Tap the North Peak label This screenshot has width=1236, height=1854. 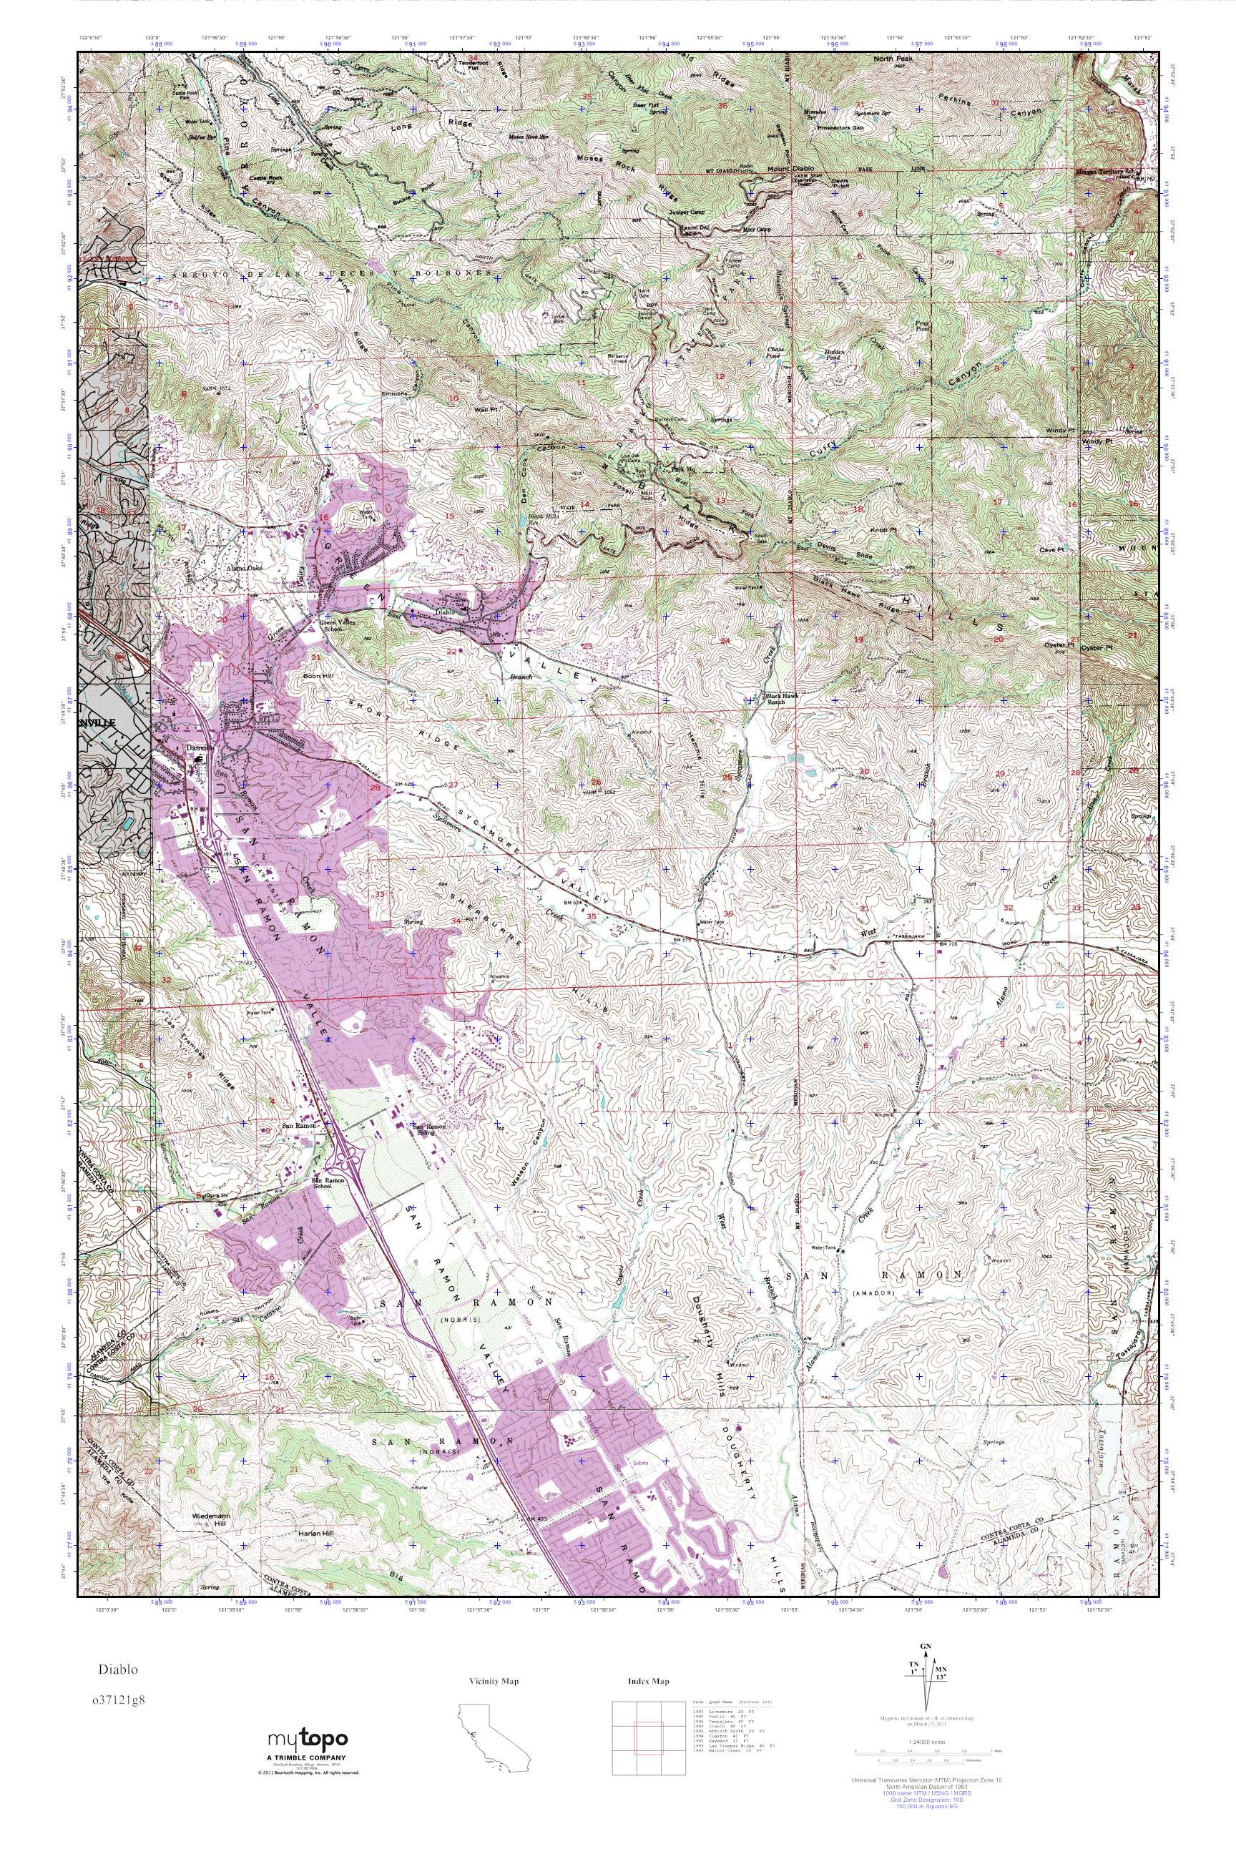tap(893, 60)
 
